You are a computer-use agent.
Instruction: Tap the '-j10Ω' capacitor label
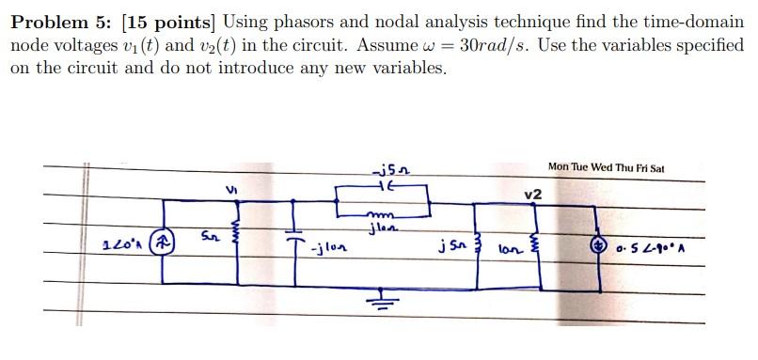click(329, 251)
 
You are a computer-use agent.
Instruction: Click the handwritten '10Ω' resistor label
click(510, 250)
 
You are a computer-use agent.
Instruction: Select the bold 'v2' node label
click(534, 194)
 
